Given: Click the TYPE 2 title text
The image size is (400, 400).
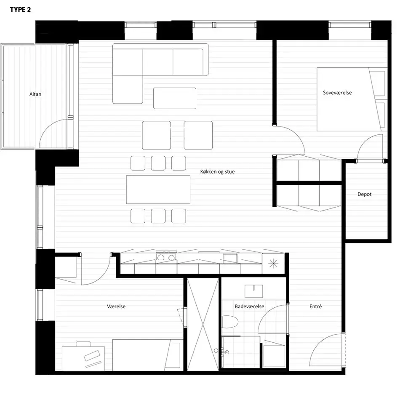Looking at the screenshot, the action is [20, 10].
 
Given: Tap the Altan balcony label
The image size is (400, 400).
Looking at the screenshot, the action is [35, 94].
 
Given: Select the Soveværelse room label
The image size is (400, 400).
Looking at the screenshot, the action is [337, 93].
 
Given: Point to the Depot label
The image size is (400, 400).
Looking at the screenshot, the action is [364, 194].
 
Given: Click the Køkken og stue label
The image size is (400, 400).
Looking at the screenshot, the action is [217, 172].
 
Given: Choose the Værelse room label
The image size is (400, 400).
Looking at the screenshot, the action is [116, 307].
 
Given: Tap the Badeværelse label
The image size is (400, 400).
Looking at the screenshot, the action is [249, 307].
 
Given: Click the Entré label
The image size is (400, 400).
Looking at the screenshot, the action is [315, 307].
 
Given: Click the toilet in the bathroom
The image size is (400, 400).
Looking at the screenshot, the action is [229, 322].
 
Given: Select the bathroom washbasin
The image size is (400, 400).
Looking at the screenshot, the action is [253, 291].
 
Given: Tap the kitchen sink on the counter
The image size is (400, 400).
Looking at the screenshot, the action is [230, 258].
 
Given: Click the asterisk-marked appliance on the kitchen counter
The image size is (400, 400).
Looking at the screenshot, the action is [273, 264].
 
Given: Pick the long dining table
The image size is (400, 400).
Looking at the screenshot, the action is [158, 189].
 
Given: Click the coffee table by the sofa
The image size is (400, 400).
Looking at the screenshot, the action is [175, 98].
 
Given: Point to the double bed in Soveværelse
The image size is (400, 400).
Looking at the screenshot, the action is [352, 99].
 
